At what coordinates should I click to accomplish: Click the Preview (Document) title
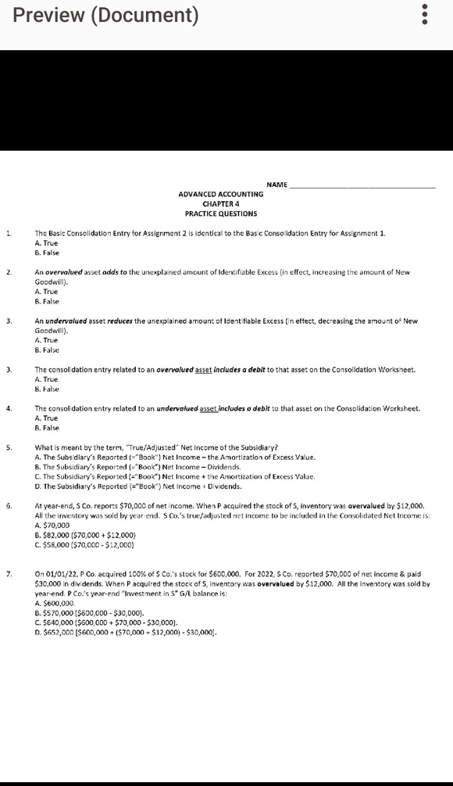[106, 15]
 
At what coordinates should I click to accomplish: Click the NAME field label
[276, 185]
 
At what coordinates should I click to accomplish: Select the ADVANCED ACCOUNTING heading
[221, 194]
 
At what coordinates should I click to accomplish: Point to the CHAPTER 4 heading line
[221, 203]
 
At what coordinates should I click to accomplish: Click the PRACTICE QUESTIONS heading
[221, 214]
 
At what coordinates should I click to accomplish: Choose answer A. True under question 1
[47, 243]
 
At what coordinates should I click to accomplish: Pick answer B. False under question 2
[47, 301]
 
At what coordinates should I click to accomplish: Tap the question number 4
[9, 408]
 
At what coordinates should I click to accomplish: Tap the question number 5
[9, 447]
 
